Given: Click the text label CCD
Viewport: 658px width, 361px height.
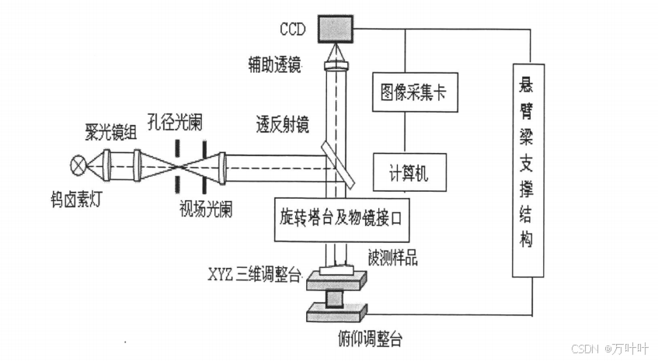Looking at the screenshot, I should (294, 29).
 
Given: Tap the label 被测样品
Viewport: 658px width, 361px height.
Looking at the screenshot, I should (393, 258).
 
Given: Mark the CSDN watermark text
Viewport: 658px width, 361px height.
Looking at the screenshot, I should (608, 349).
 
